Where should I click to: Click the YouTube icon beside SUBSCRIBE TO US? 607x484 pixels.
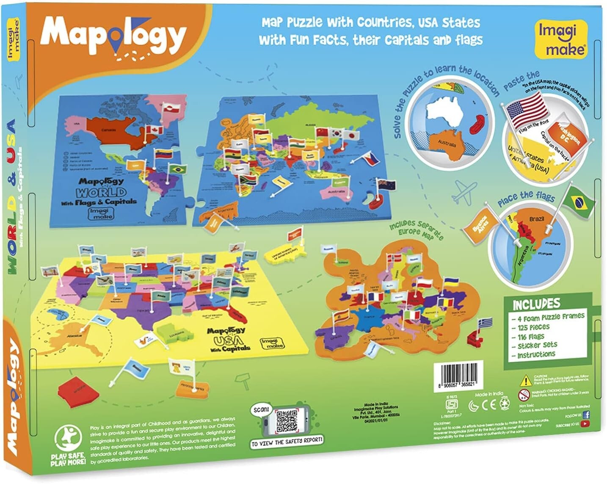click(x=585, y=423)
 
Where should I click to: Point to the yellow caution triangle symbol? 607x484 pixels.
click(x=526, y=380)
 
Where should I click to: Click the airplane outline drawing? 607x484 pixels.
click(x=464, y=193)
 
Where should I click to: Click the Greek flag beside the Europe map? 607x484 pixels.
click(x=485, y=323)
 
